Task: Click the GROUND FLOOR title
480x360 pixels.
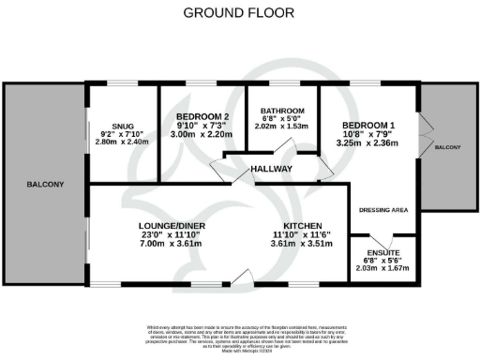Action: point(239,13)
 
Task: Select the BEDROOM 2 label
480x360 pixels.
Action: point(202,117)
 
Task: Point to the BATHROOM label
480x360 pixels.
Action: point(281,111)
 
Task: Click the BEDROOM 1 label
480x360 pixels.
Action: point(367,126)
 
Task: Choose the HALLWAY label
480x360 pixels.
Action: point(272,169)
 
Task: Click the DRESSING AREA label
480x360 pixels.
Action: point(383,210)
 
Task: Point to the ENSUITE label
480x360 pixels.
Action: point(382,252)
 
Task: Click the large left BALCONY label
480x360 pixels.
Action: point(44,185)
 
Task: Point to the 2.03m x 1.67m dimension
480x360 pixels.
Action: point(382,269)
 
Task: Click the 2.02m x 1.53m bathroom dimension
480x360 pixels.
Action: point(281,127)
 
